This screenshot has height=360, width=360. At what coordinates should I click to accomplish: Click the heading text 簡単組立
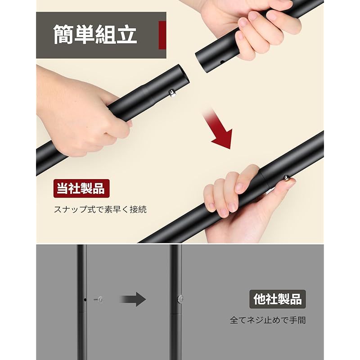coord(95,35)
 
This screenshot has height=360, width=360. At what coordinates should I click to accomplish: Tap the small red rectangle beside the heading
coord(162,35)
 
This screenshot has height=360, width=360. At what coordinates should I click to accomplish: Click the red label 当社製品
coord(81,189)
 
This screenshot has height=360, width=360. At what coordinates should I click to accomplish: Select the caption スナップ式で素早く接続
coord(100,209)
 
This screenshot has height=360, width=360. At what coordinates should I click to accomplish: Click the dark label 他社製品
coord(277,299)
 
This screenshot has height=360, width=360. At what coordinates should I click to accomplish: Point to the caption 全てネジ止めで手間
coord(268,320)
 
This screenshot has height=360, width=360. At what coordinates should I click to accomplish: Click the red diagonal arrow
coord(219,129)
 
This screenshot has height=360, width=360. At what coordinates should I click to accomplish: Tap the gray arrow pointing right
coord(133,299)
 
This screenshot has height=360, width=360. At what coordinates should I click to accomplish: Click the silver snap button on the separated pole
coord(172,94)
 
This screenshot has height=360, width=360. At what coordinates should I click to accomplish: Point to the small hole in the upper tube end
coord(222,62)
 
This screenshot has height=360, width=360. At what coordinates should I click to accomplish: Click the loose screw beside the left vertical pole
coord(99,299)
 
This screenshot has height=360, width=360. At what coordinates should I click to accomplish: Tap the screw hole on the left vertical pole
coord(85,300)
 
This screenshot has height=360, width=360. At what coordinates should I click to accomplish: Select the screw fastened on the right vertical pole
coord(180,299)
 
